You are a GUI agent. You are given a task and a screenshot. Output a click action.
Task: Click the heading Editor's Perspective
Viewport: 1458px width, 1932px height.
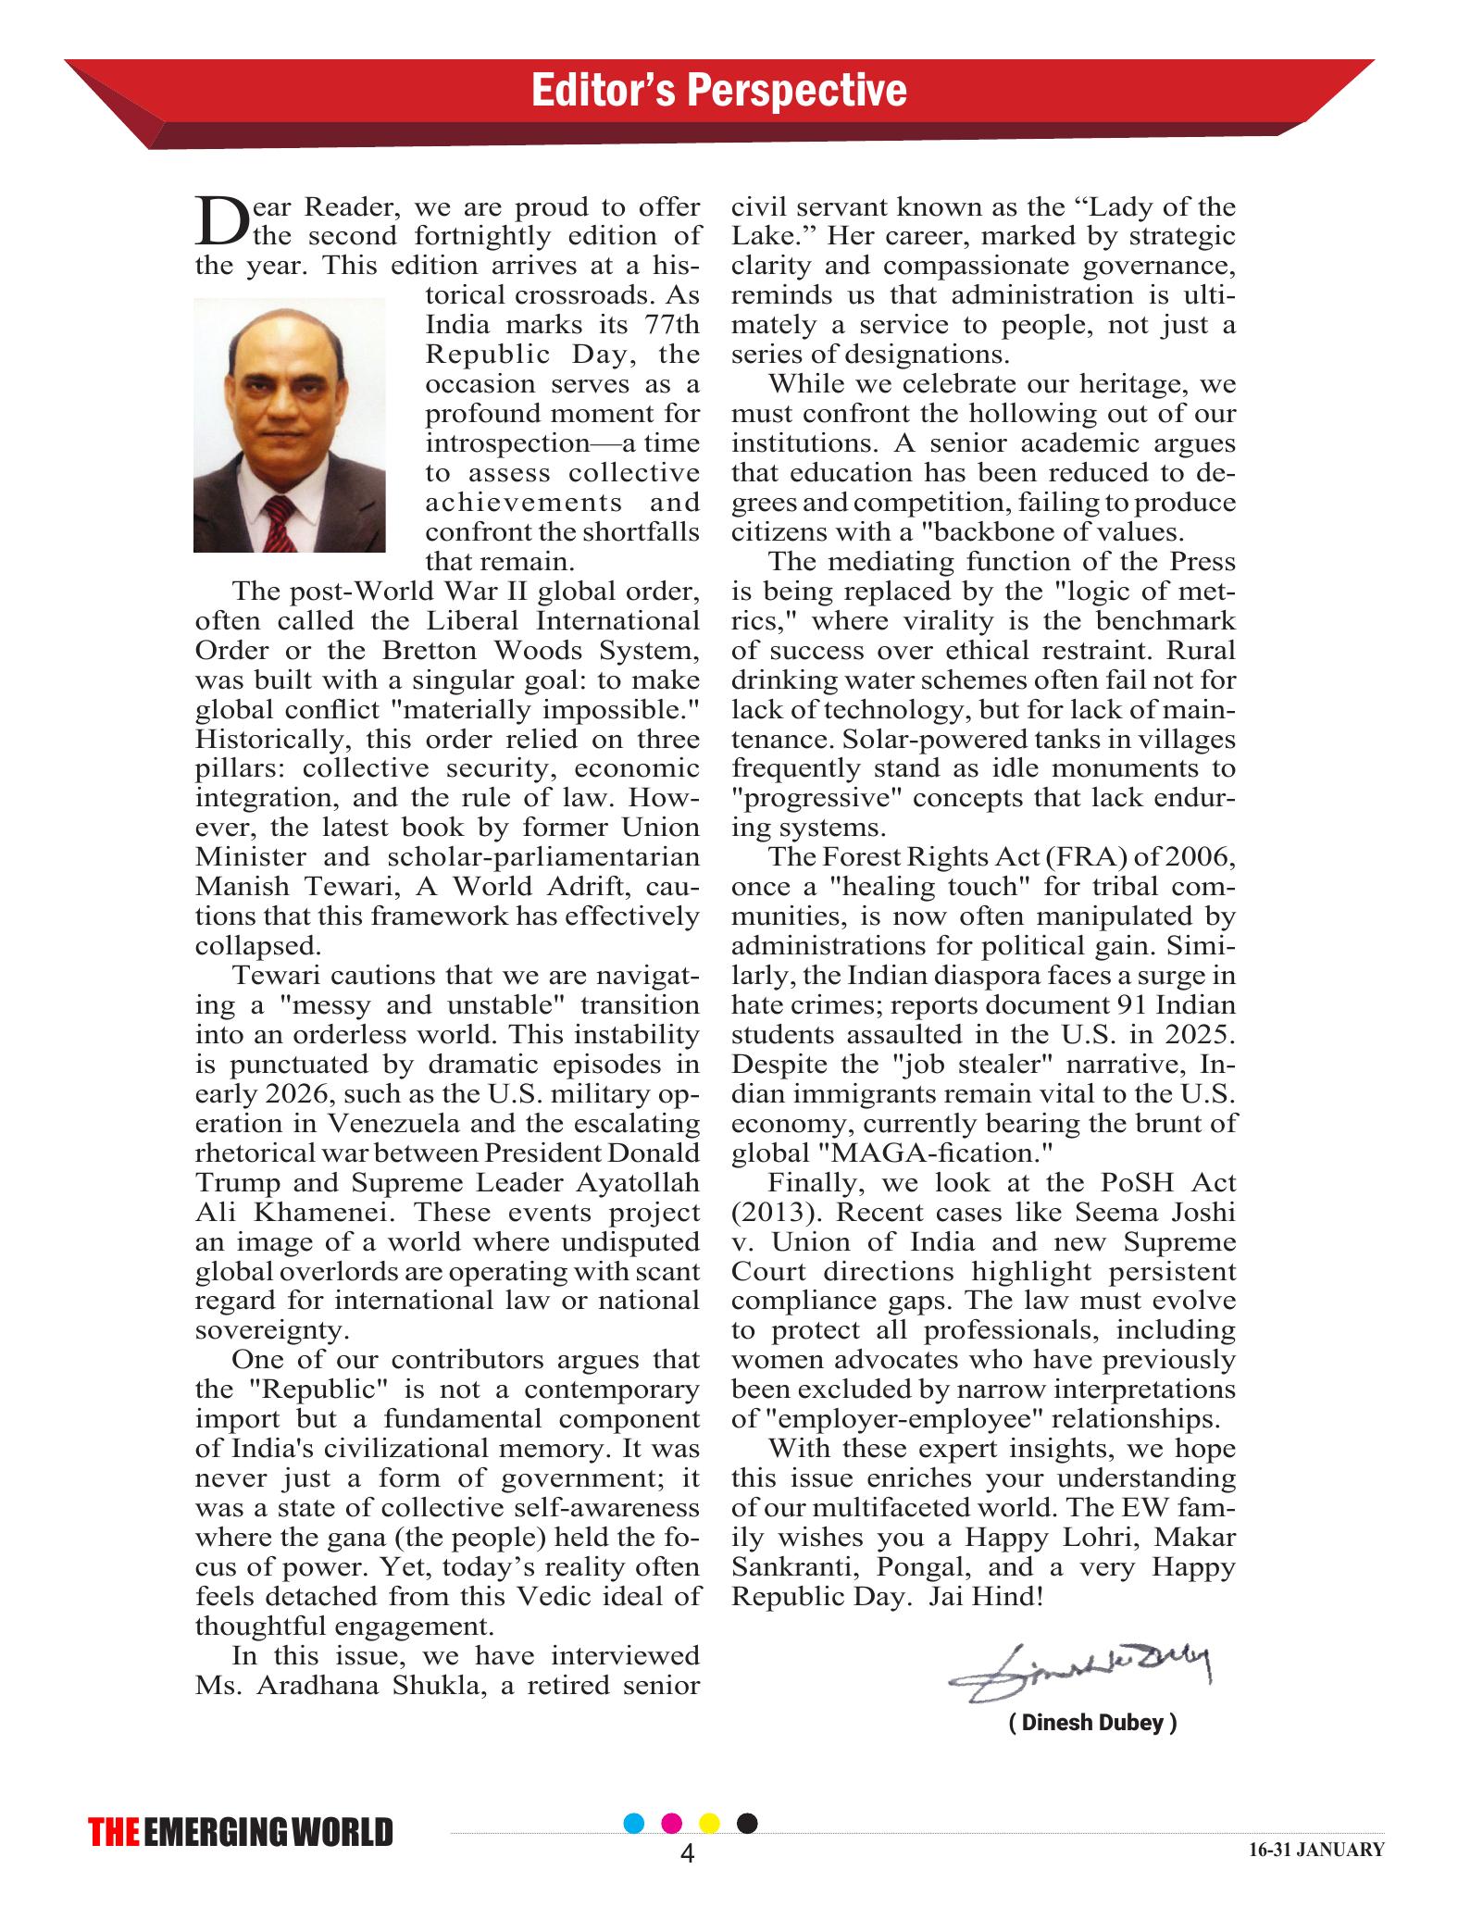(718, 91)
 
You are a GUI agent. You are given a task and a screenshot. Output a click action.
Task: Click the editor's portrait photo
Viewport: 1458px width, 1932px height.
(289, 425)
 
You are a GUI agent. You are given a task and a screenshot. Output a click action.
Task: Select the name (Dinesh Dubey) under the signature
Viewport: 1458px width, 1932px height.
(1092, 1723)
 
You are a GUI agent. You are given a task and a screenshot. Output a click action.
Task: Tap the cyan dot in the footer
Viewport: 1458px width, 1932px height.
(634, 1823)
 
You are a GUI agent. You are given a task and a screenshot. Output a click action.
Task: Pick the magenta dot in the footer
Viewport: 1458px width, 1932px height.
(673, 1823)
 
